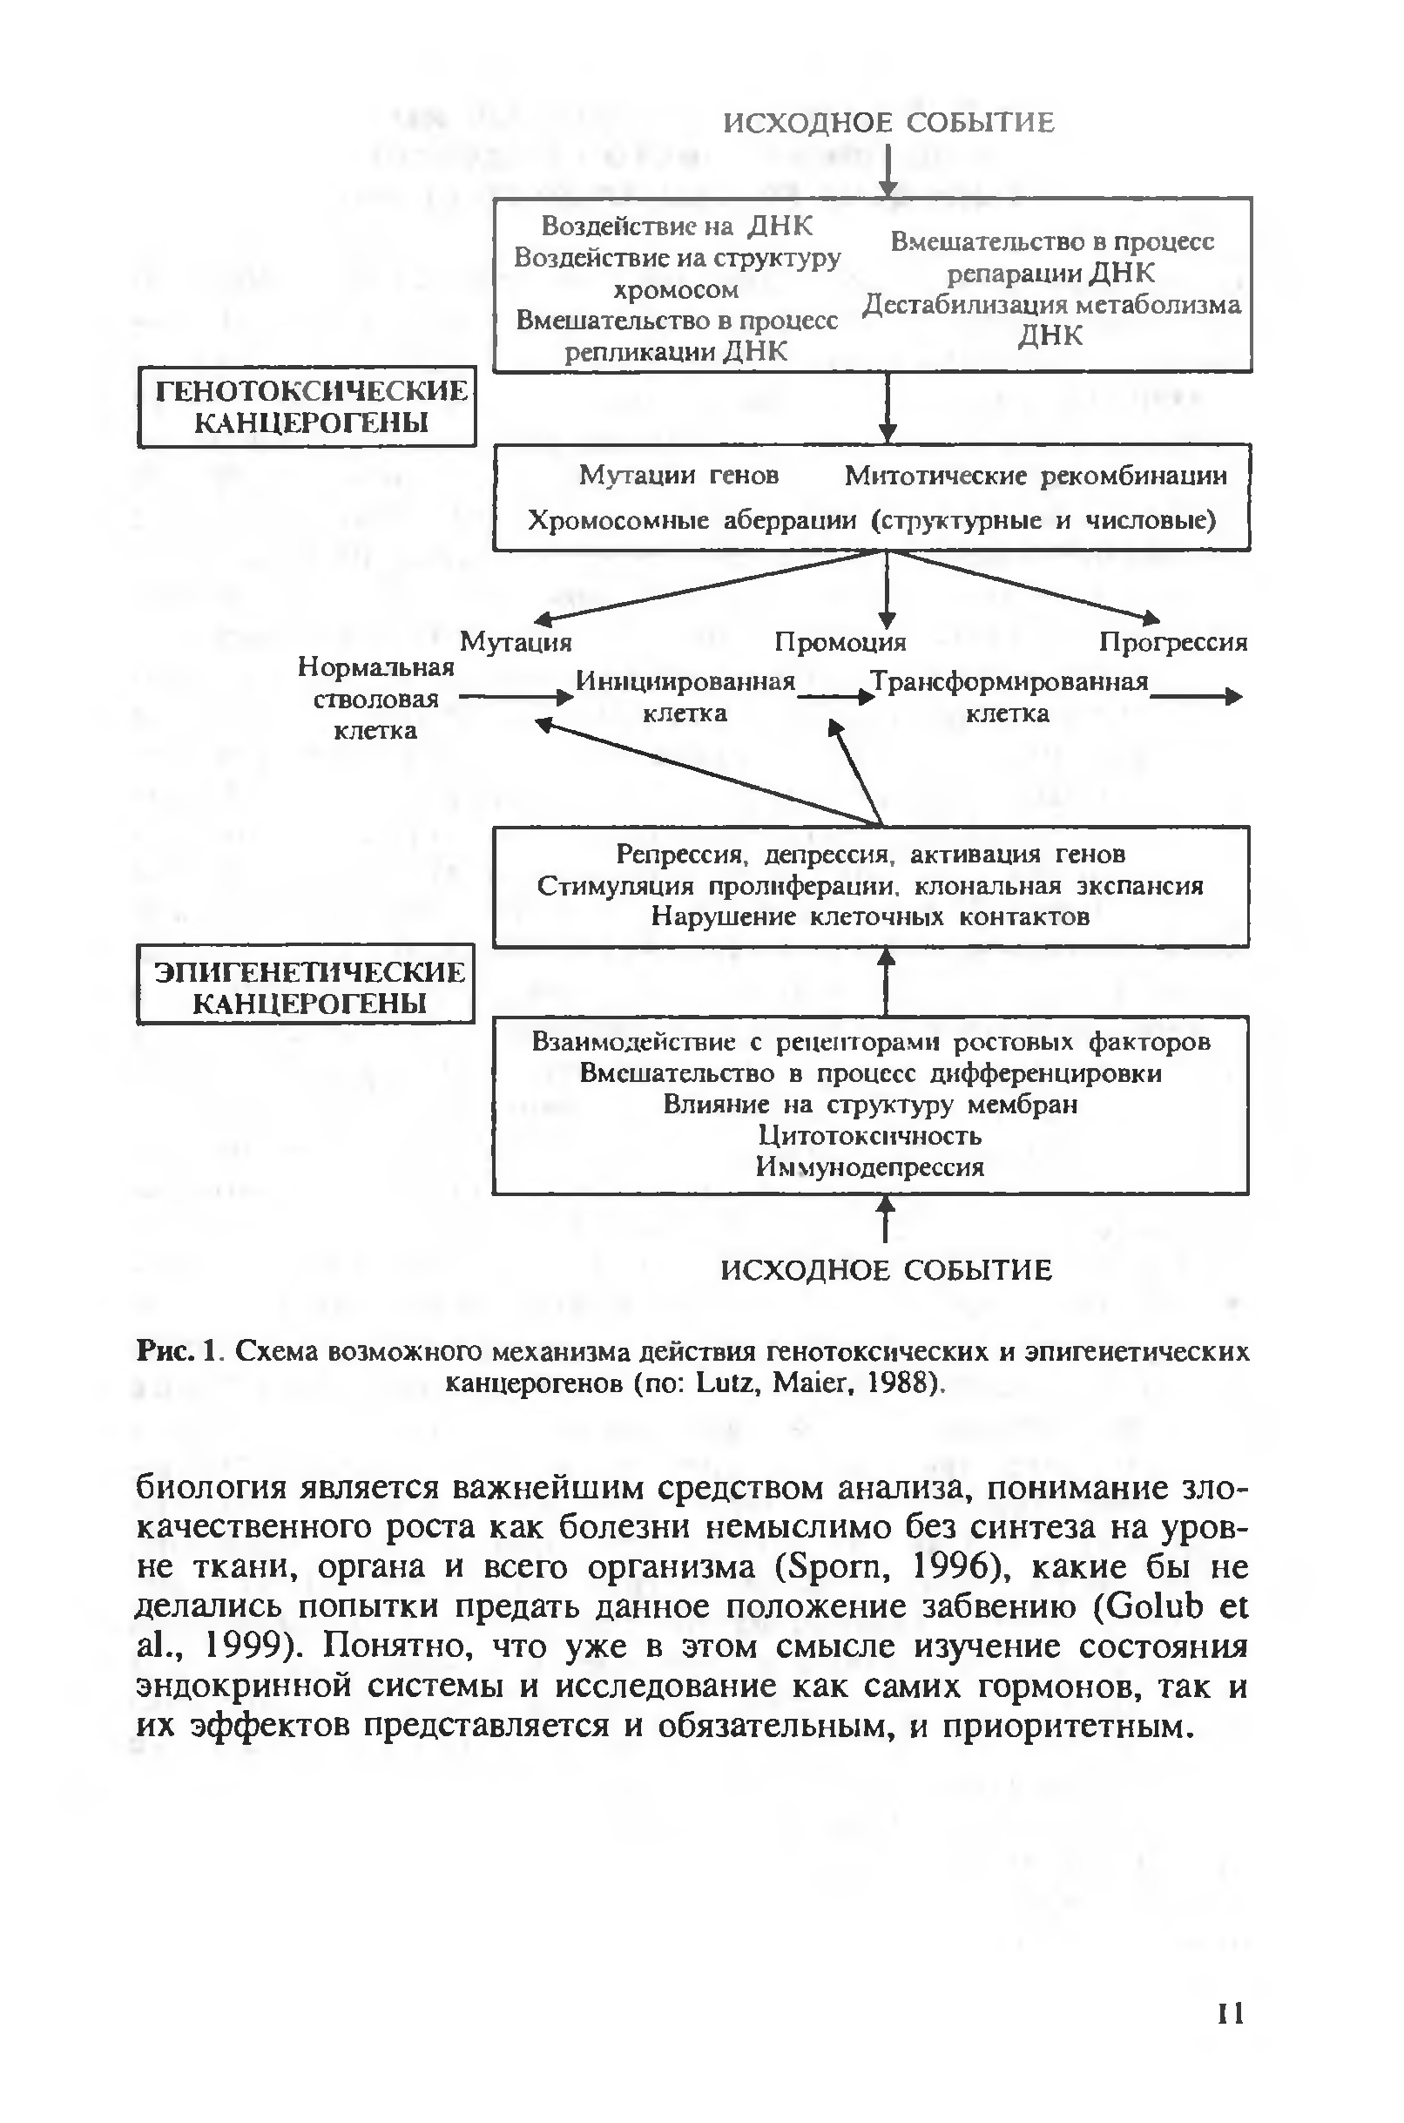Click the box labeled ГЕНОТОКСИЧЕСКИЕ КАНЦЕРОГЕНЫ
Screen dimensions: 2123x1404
point(307,407)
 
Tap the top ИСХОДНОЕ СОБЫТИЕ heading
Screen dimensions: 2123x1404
point(888,123)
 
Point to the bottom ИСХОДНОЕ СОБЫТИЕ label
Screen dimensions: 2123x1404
point(886,1269)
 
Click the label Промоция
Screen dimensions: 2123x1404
point(840,642)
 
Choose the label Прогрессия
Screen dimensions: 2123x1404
point(1172,642)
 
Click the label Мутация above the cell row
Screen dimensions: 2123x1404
point(515,642)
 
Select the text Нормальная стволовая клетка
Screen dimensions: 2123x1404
point(375,699)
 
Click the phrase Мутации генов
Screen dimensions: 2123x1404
point(678,475)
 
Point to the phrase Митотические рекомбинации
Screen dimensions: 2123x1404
point(1035,476)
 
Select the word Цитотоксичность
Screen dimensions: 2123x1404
point(869,1135)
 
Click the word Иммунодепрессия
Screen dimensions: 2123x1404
point(869,1166)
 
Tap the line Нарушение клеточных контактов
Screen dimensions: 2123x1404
point(869,916)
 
